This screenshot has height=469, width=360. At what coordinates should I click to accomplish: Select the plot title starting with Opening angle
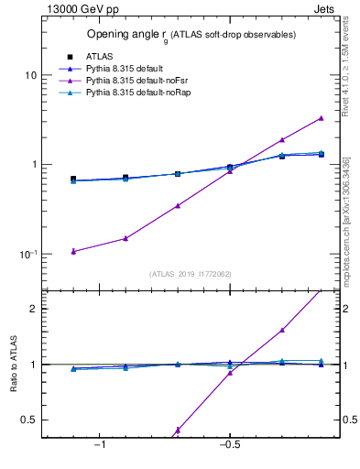click(191, 35)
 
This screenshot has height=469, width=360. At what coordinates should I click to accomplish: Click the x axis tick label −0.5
click(228, 445)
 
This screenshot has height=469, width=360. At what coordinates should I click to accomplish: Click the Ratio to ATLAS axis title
click(12, 364)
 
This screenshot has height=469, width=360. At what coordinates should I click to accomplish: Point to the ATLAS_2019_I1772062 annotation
click(191, 274)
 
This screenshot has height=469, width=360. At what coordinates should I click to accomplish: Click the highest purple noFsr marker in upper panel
click(321, 118)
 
